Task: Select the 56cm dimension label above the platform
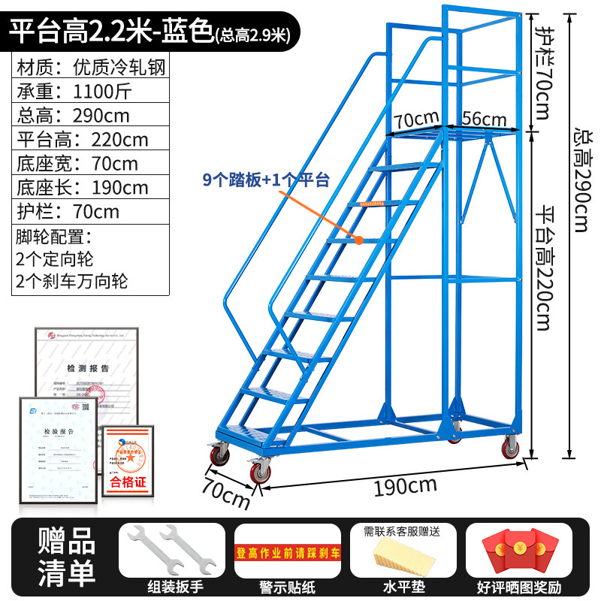(484, 118)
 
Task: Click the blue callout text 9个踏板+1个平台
(267, 180)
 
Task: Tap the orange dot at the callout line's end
(360, 240)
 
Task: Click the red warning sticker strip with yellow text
(287, 554)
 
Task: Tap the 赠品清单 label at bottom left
(67, 557)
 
